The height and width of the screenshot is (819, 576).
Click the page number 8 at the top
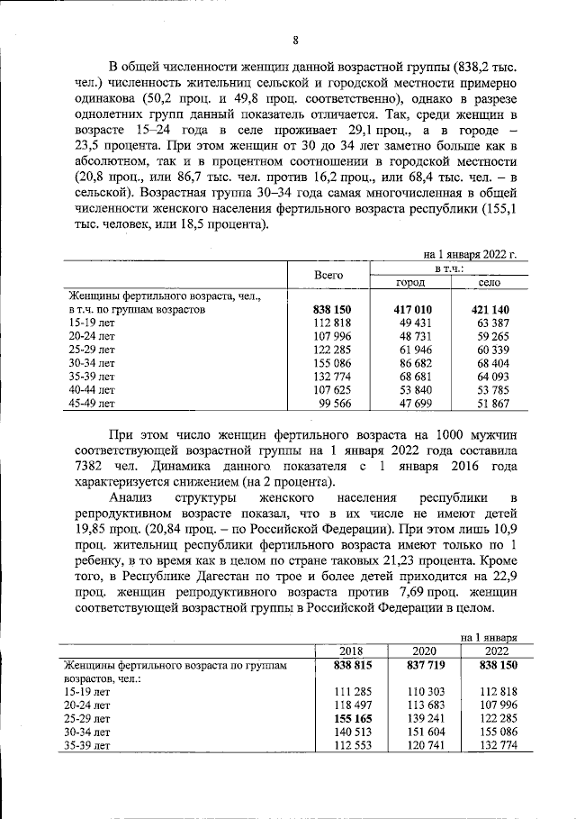click(x=295, y=39)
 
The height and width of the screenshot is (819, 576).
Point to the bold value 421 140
click(x=490, y=309)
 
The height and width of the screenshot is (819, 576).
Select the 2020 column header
click(x=424, y=651)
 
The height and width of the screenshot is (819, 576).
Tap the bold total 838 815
click(x=346, y=665)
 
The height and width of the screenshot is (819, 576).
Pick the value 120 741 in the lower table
click(x=423, y=746)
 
